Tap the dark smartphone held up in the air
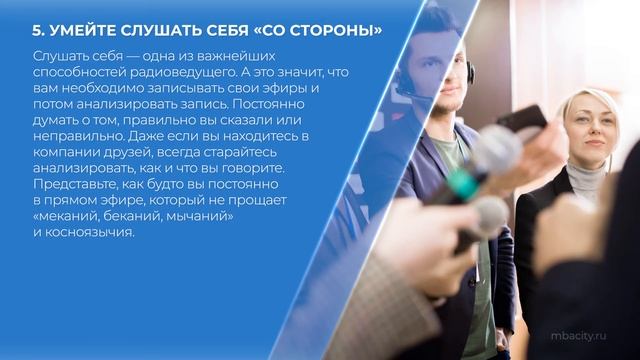coord(522,124)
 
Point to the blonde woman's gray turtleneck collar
coord(585,181)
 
